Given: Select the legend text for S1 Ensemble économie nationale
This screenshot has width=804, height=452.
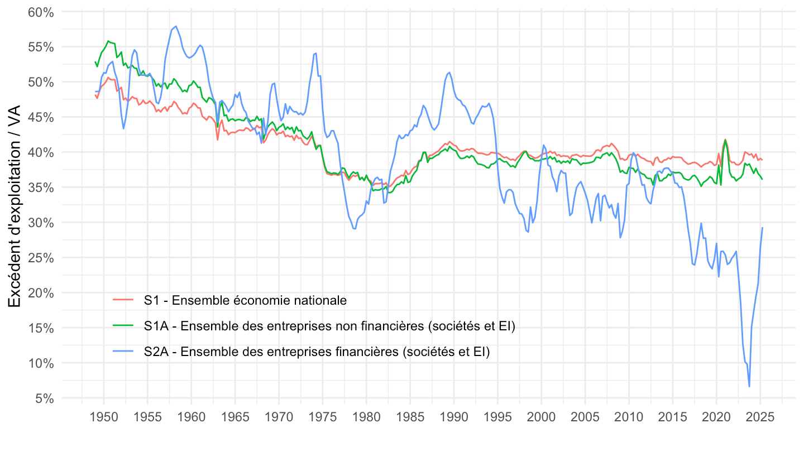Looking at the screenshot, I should pyautogui.click(x=245, y=300).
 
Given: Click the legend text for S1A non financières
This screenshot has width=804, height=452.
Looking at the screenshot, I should pyautogui.click(x=329, y=326).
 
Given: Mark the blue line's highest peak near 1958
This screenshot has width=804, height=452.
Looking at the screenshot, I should pyautogui.click(x=176, y=26).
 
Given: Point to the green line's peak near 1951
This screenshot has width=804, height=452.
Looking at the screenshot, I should pyautogui.click(x=108, y=41).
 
